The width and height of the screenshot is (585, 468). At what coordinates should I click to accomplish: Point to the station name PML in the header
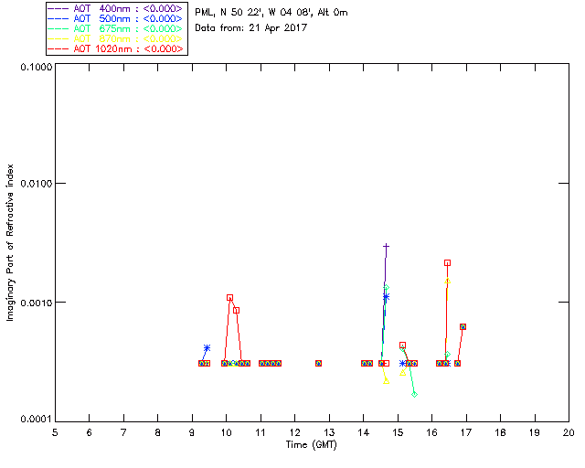click(x=206, y=12)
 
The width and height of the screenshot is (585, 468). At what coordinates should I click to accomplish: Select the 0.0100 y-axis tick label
click(x=31, y=184)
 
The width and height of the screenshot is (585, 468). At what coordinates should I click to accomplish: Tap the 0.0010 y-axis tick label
click(x=31, y=302)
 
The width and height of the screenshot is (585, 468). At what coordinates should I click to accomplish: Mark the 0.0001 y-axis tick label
click(x=31, y=419)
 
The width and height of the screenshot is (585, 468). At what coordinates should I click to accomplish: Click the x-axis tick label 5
click(x=55, y=432)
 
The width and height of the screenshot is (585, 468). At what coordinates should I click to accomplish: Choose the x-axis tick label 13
click(x=329, y=432)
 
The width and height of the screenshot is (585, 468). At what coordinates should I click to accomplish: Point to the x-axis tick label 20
click(x=569, y=432)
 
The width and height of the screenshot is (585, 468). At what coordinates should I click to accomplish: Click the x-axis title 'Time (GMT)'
click(x=311, y=444)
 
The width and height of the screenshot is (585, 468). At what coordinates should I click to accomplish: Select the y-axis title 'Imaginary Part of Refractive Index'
click(x=11, y=243)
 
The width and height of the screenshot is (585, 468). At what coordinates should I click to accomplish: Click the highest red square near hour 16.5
click(x=447, y=262)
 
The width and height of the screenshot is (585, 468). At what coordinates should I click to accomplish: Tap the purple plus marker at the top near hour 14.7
click(x=387, y=247)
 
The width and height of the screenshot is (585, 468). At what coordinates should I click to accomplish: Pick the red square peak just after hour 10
click(x=229, y=297)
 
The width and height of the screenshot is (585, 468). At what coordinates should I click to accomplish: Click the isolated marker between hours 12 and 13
click(x=318, y=363)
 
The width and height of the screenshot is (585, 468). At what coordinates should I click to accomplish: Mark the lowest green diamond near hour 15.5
click(x=414, y=394)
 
